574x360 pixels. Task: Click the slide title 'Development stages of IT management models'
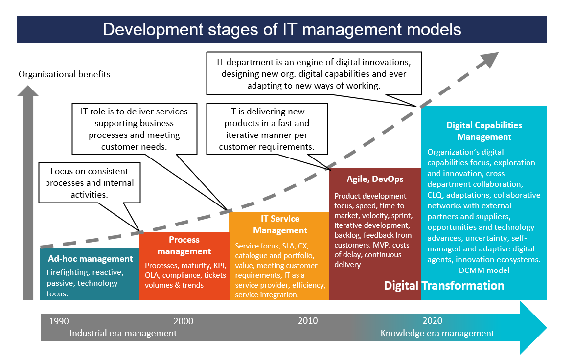click(x=282, y=29)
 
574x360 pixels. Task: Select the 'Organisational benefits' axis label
click(x=64, y=74)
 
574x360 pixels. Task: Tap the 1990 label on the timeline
click(x=59, y=321)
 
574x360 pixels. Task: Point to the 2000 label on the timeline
click(x=184, y=321)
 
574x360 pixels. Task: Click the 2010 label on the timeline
click(x=308, y=321)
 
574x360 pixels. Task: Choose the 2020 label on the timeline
click(x=432, y=321)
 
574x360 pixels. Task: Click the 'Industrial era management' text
click(x=123, y=333)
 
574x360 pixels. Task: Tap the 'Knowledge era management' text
click(x=437, y=333)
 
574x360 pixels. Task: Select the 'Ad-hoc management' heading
click(x=90, y=259)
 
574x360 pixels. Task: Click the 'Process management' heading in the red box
click(x=184, y=246)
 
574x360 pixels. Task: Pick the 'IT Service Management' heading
click(x=280, y=225)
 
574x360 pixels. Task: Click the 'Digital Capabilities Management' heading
click(x=484, y=131)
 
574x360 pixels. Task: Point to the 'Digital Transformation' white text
click(x=444, y=285)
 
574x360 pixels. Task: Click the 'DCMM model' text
click(x=484, y=270)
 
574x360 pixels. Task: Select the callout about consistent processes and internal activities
click(x=90, y=182)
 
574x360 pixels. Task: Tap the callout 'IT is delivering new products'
click(x=267, y=129)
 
